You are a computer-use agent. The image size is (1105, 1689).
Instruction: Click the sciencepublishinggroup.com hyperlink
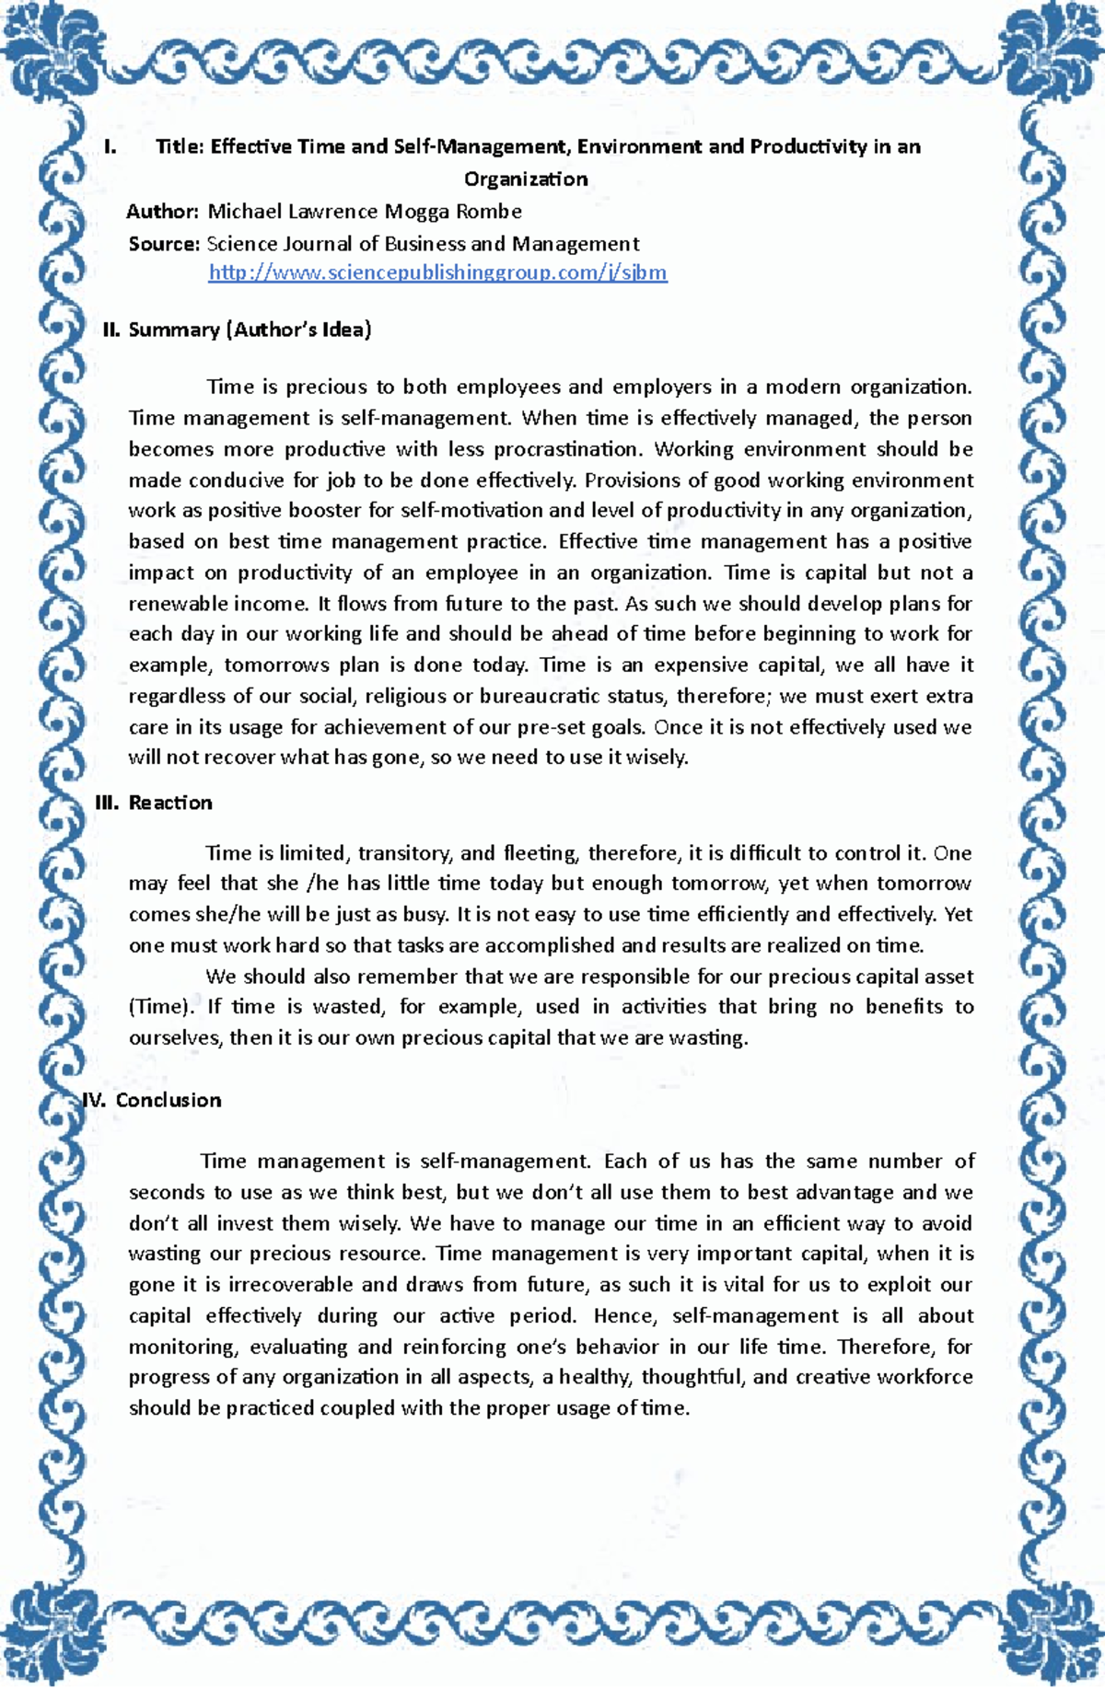437,272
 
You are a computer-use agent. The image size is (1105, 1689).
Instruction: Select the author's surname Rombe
489,212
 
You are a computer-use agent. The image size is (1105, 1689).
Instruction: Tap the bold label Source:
164,244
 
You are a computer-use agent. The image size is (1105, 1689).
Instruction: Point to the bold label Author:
162,212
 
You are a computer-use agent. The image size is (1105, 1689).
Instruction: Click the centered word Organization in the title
526,179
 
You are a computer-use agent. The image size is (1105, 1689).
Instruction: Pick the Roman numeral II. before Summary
111,330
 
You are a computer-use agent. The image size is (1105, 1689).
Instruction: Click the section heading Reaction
170,803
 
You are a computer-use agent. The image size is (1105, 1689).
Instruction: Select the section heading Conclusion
169,1100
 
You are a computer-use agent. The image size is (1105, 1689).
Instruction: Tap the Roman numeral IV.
95,1100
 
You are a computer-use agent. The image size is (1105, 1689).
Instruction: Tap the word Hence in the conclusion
624,1316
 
